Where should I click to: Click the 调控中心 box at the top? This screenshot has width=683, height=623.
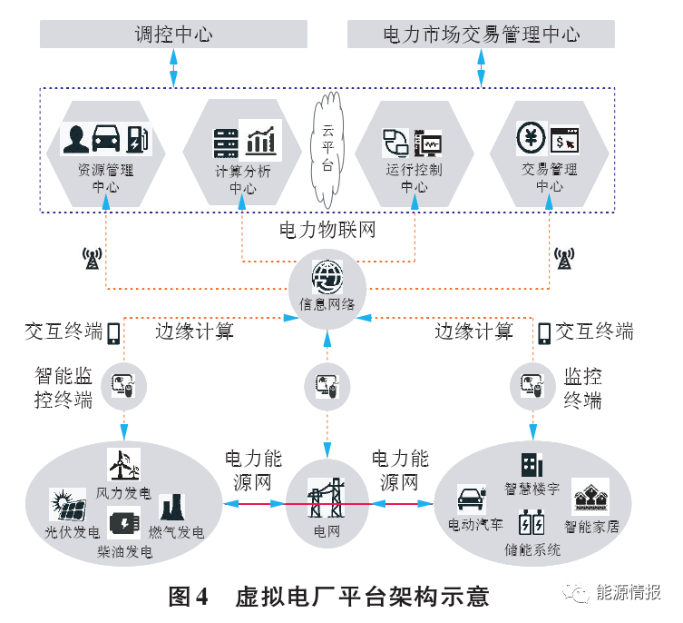pos(172,35)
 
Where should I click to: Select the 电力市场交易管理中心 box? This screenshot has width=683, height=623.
pos(481,35)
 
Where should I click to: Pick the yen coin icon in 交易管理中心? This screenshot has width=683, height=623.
pos(531,137)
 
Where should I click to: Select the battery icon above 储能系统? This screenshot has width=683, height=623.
pos(532,525)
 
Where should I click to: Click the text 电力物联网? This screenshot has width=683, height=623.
pos(327,231)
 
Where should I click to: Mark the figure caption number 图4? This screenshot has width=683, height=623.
pos(189,597)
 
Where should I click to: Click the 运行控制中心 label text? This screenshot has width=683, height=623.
pos(415,178)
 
